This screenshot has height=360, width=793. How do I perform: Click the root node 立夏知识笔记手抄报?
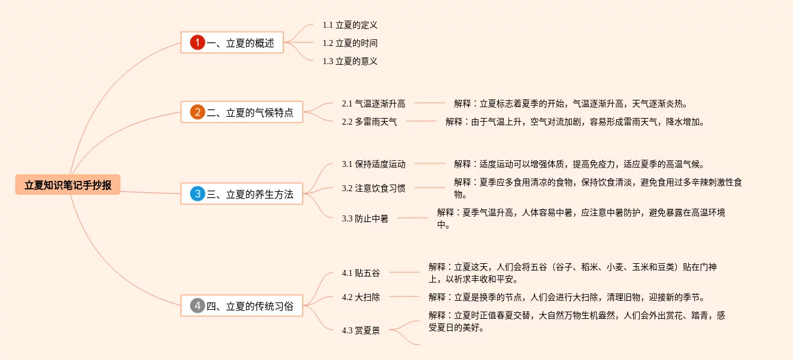point(68,185)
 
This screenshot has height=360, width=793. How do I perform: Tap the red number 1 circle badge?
point(197,43)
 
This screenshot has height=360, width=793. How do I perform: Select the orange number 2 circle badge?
point(197,113)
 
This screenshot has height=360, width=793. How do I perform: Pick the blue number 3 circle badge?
point(197,194)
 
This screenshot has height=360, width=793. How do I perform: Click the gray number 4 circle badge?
point(197,306)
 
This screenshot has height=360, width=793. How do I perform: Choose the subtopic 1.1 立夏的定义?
point(350,25)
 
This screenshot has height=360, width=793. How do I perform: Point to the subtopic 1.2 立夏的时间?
point(350,43)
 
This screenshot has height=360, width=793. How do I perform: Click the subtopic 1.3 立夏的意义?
point(350,61)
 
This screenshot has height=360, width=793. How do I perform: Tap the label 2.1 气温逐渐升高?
point(373,103)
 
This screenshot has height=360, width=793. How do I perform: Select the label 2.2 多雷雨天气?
point(369,122)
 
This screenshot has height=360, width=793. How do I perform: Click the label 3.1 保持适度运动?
point(373,164)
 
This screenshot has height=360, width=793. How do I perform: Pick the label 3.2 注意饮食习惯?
point(373,188)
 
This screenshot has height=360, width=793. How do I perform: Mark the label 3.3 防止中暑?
point(365,218)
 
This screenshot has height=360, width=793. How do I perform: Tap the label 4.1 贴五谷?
point(361,273)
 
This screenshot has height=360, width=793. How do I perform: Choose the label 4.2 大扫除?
point(361,297)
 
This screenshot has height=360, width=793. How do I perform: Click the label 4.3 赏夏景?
point(361,330)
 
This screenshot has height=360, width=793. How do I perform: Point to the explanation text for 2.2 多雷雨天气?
point(575,122)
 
